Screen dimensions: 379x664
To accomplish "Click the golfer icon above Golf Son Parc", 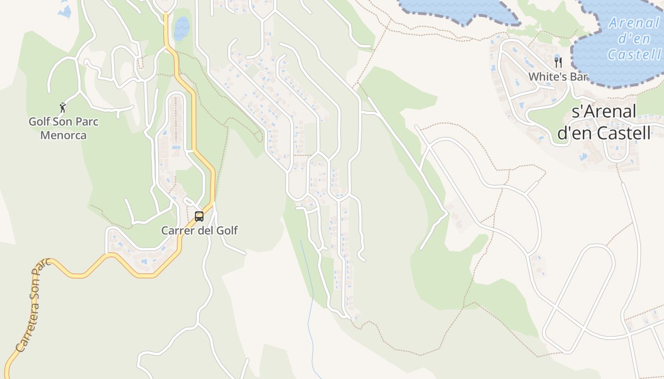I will tap(62, 108).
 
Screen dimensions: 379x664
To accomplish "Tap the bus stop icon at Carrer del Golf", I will tap(199, 217).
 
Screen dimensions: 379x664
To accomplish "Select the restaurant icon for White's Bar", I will tap(558, 62).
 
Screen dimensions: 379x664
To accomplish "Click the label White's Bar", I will tap(558, 76).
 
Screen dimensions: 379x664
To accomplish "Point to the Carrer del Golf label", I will tap(199, 231).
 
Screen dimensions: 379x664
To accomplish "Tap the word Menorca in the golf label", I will tap(64, 135).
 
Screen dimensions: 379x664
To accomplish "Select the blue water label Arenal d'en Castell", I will tap(634, 38).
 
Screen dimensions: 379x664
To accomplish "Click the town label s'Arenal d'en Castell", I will tap(604, 122).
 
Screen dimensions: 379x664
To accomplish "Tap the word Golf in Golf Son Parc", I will tap(38, 122).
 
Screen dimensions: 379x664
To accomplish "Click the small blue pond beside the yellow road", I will tap(181, 28).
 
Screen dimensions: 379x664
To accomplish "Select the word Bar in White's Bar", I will tap(579, 76).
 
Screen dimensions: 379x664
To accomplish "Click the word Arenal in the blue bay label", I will tap(634, 23).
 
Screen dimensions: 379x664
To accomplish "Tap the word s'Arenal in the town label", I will tap(604, 112).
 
